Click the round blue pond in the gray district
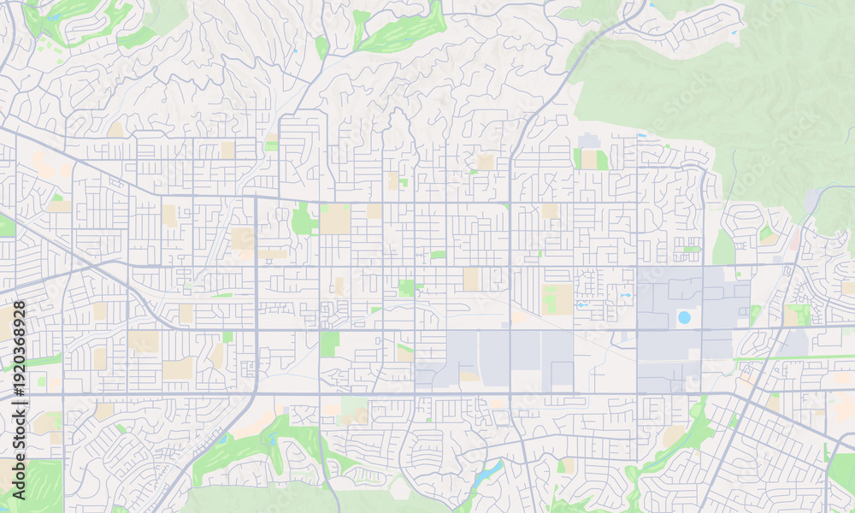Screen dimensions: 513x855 (684, 317)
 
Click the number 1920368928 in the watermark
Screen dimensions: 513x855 (19, 351)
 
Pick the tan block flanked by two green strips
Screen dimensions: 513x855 (589, 159)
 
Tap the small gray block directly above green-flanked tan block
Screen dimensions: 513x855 (588, 140)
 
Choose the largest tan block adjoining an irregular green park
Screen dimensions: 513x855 (335, 219)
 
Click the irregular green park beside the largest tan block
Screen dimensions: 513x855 (303, 220)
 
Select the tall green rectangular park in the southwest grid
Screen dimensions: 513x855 (329, 344)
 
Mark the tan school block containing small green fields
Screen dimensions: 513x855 (557, 299)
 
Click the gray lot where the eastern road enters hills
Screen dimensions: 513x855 (811, 201)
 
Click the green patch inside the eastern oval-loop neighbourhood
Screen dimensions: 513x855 (766, 233)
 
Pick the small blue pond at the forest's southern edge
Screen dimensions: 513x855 (641, 135)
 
